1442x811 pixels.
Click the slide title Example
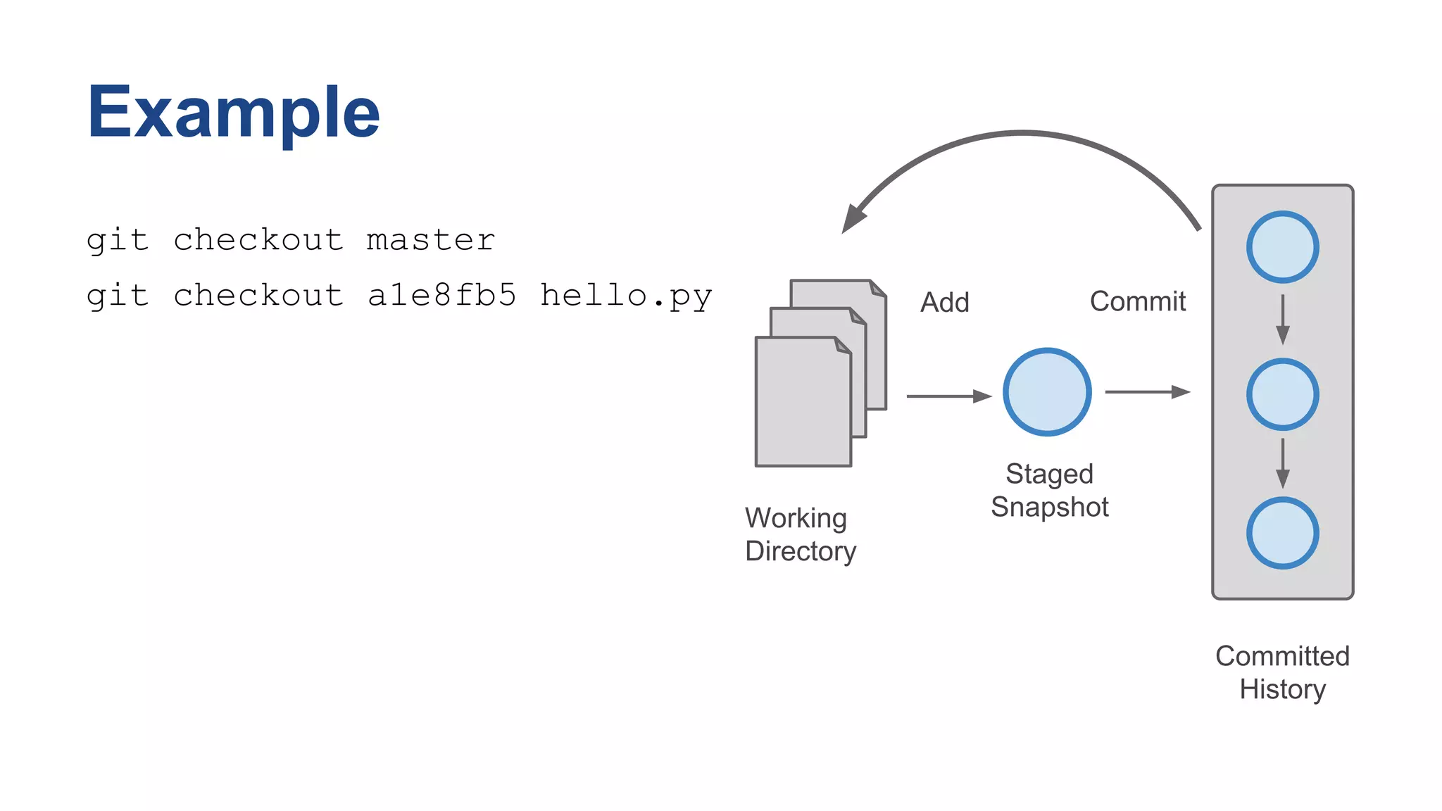point(233,113)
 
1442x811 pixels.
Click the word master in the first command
point(431,240)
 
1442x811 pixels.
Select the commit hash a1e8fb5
point(442,296)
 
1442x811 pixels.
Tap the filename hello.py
point(626,296)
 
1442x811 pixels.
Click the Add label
point(945,303)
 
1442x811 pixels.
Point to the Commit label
point(1138,301)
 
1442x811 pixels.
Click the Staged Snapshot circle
point(1047,392)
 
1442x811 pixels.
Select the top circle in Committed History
point(1282,247)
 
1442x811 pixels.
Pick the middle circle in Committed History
point(1282,394)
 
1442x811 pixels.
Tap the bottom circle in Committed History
point(1282,533)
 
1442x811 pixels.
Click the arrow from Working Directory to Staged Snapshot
point(948,396)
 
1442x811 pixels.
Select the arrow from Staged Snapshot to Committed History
point(1147,391)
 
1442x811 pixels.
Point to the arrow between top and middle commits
point(1282,320)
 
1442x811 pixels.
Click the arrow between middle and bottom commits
point(1282,463)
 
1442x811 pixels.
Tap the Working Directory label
point(800,534)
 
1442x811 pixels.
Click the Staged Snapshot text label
point(1049,490)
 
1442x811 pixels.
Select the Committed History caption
point(1282,672)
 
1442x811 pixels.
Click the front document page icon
point(803,405)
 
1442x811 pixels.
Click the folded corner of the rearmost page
point(877,288)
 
